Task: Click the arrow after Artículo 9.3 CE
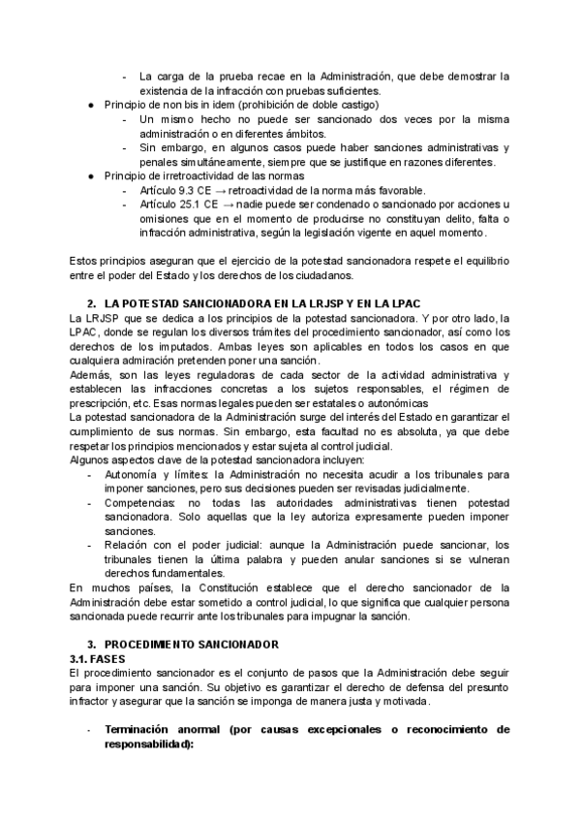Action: tap(221, 191)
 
